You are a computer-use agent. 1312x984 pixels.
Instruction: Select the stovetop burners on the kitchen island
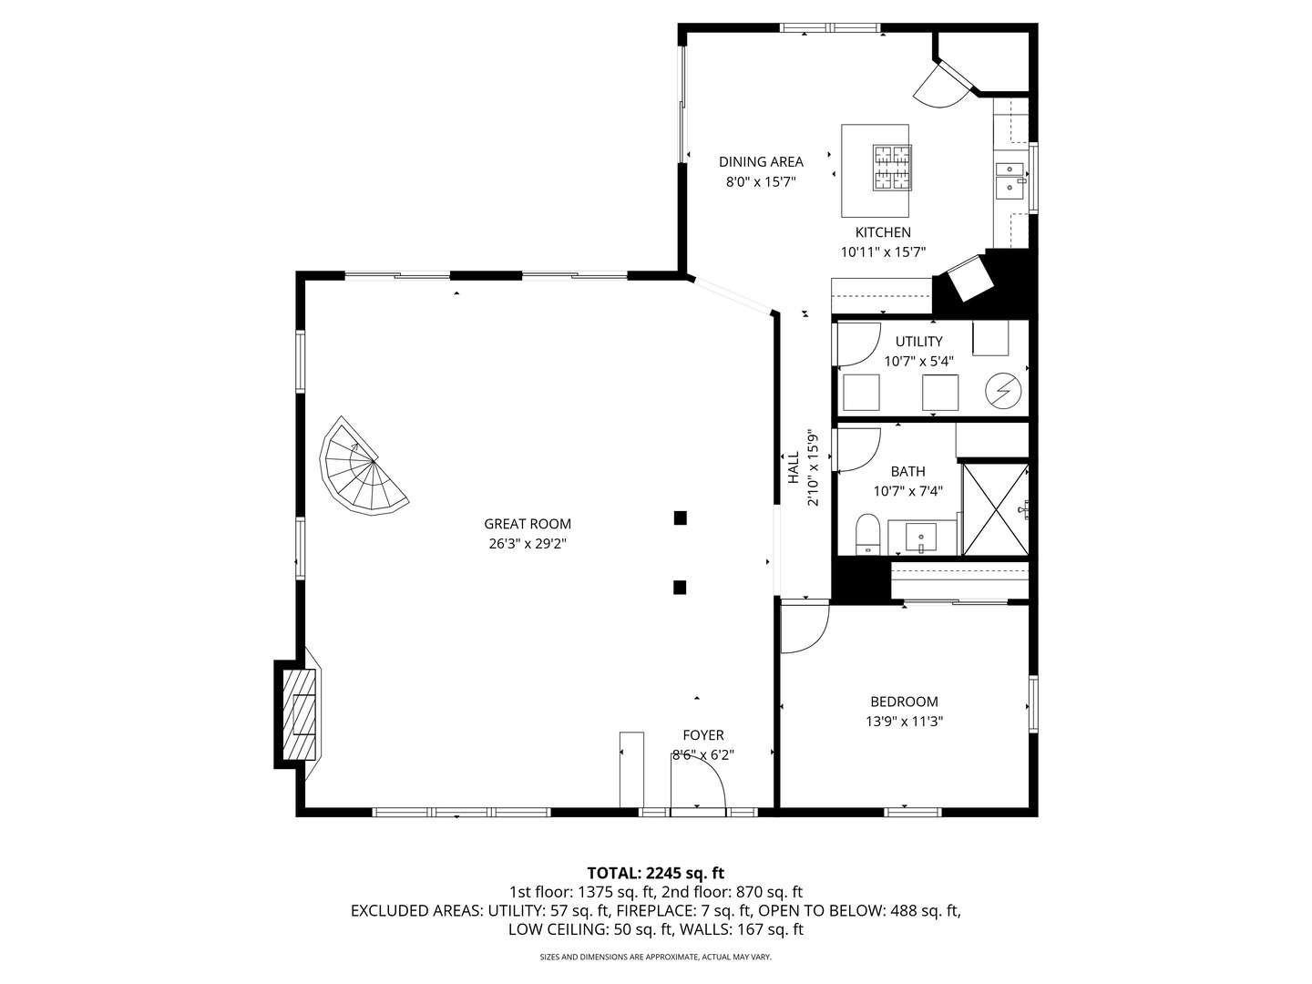[892, 168]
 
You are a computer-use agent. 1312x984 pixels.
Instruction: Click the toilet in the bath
[868, 534]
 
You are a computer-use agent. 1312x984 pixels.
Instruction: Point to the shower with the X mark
[996, 509]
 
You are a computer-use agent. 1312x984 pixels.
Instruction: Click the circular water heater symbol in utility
[1003, 391]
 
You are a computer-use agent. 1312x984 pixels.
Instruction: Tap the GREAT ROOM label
[528, 524]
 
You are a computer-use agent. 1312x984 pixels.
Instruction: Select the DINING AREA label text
[761, 162]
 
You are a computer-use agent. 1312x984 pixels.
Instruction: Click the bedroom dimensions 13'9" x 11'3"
[905, 721]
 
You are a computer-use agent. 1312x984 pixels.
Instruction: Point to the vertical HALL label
[794, 467]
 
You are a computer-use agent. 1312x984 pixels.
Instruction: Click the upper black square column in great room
[680, 518]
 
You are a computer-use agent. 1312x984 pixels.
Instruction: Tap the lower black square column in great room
[680, 588]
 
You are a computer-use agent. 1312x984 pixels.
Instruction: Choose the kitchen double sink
[1010, 179]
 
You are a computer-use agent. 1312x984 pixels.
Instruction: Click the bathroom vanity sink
[920, 537]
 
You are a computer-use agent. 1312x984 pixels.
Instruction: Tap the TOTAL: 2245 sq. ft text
[656, 873]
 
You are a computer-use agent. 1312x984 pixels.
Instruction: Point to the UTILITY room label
[918, 342]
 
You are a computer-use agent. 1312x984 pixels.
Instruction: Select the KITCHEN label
[883, 232]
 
